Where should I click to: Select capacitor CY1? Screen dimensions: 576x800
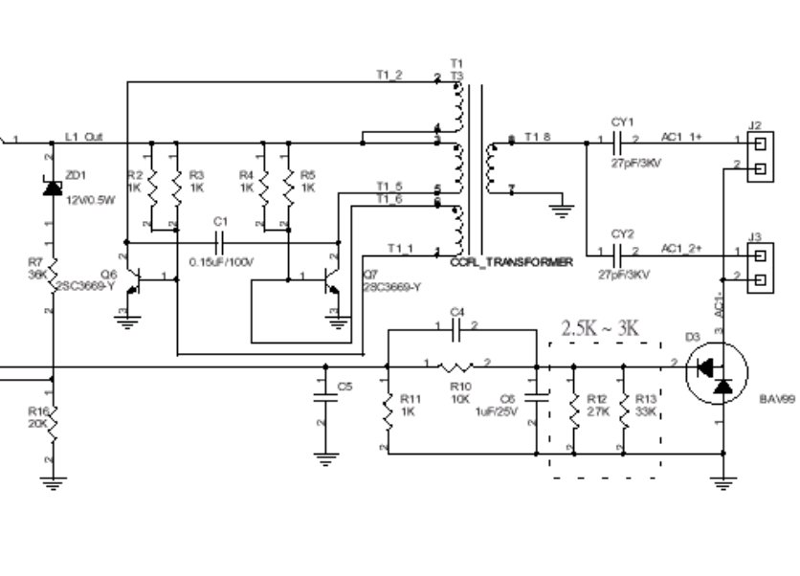pos(618,144)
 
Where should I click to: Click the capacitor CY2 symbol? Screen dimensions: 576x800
pos(618,254)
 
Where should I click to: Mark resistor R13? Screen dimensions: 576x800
pos(624,410)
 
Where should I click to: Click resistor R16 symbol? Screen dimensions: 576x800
pos(54,422)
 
